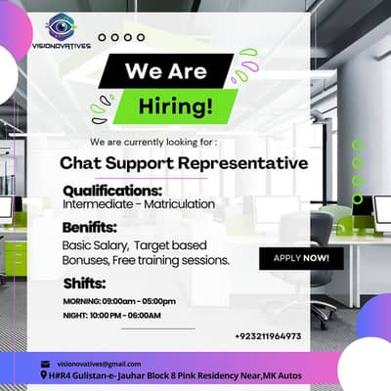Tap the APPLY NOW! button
[x=301, y=259]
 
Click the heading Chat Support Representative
[x=184, y=162]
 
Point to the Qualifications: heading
[x=112, y=191]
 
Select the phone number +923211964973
[x=268, y=336]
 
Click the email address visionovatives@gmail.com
[x=99, y=364]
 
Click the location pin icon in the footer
[x=45, y=375]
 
